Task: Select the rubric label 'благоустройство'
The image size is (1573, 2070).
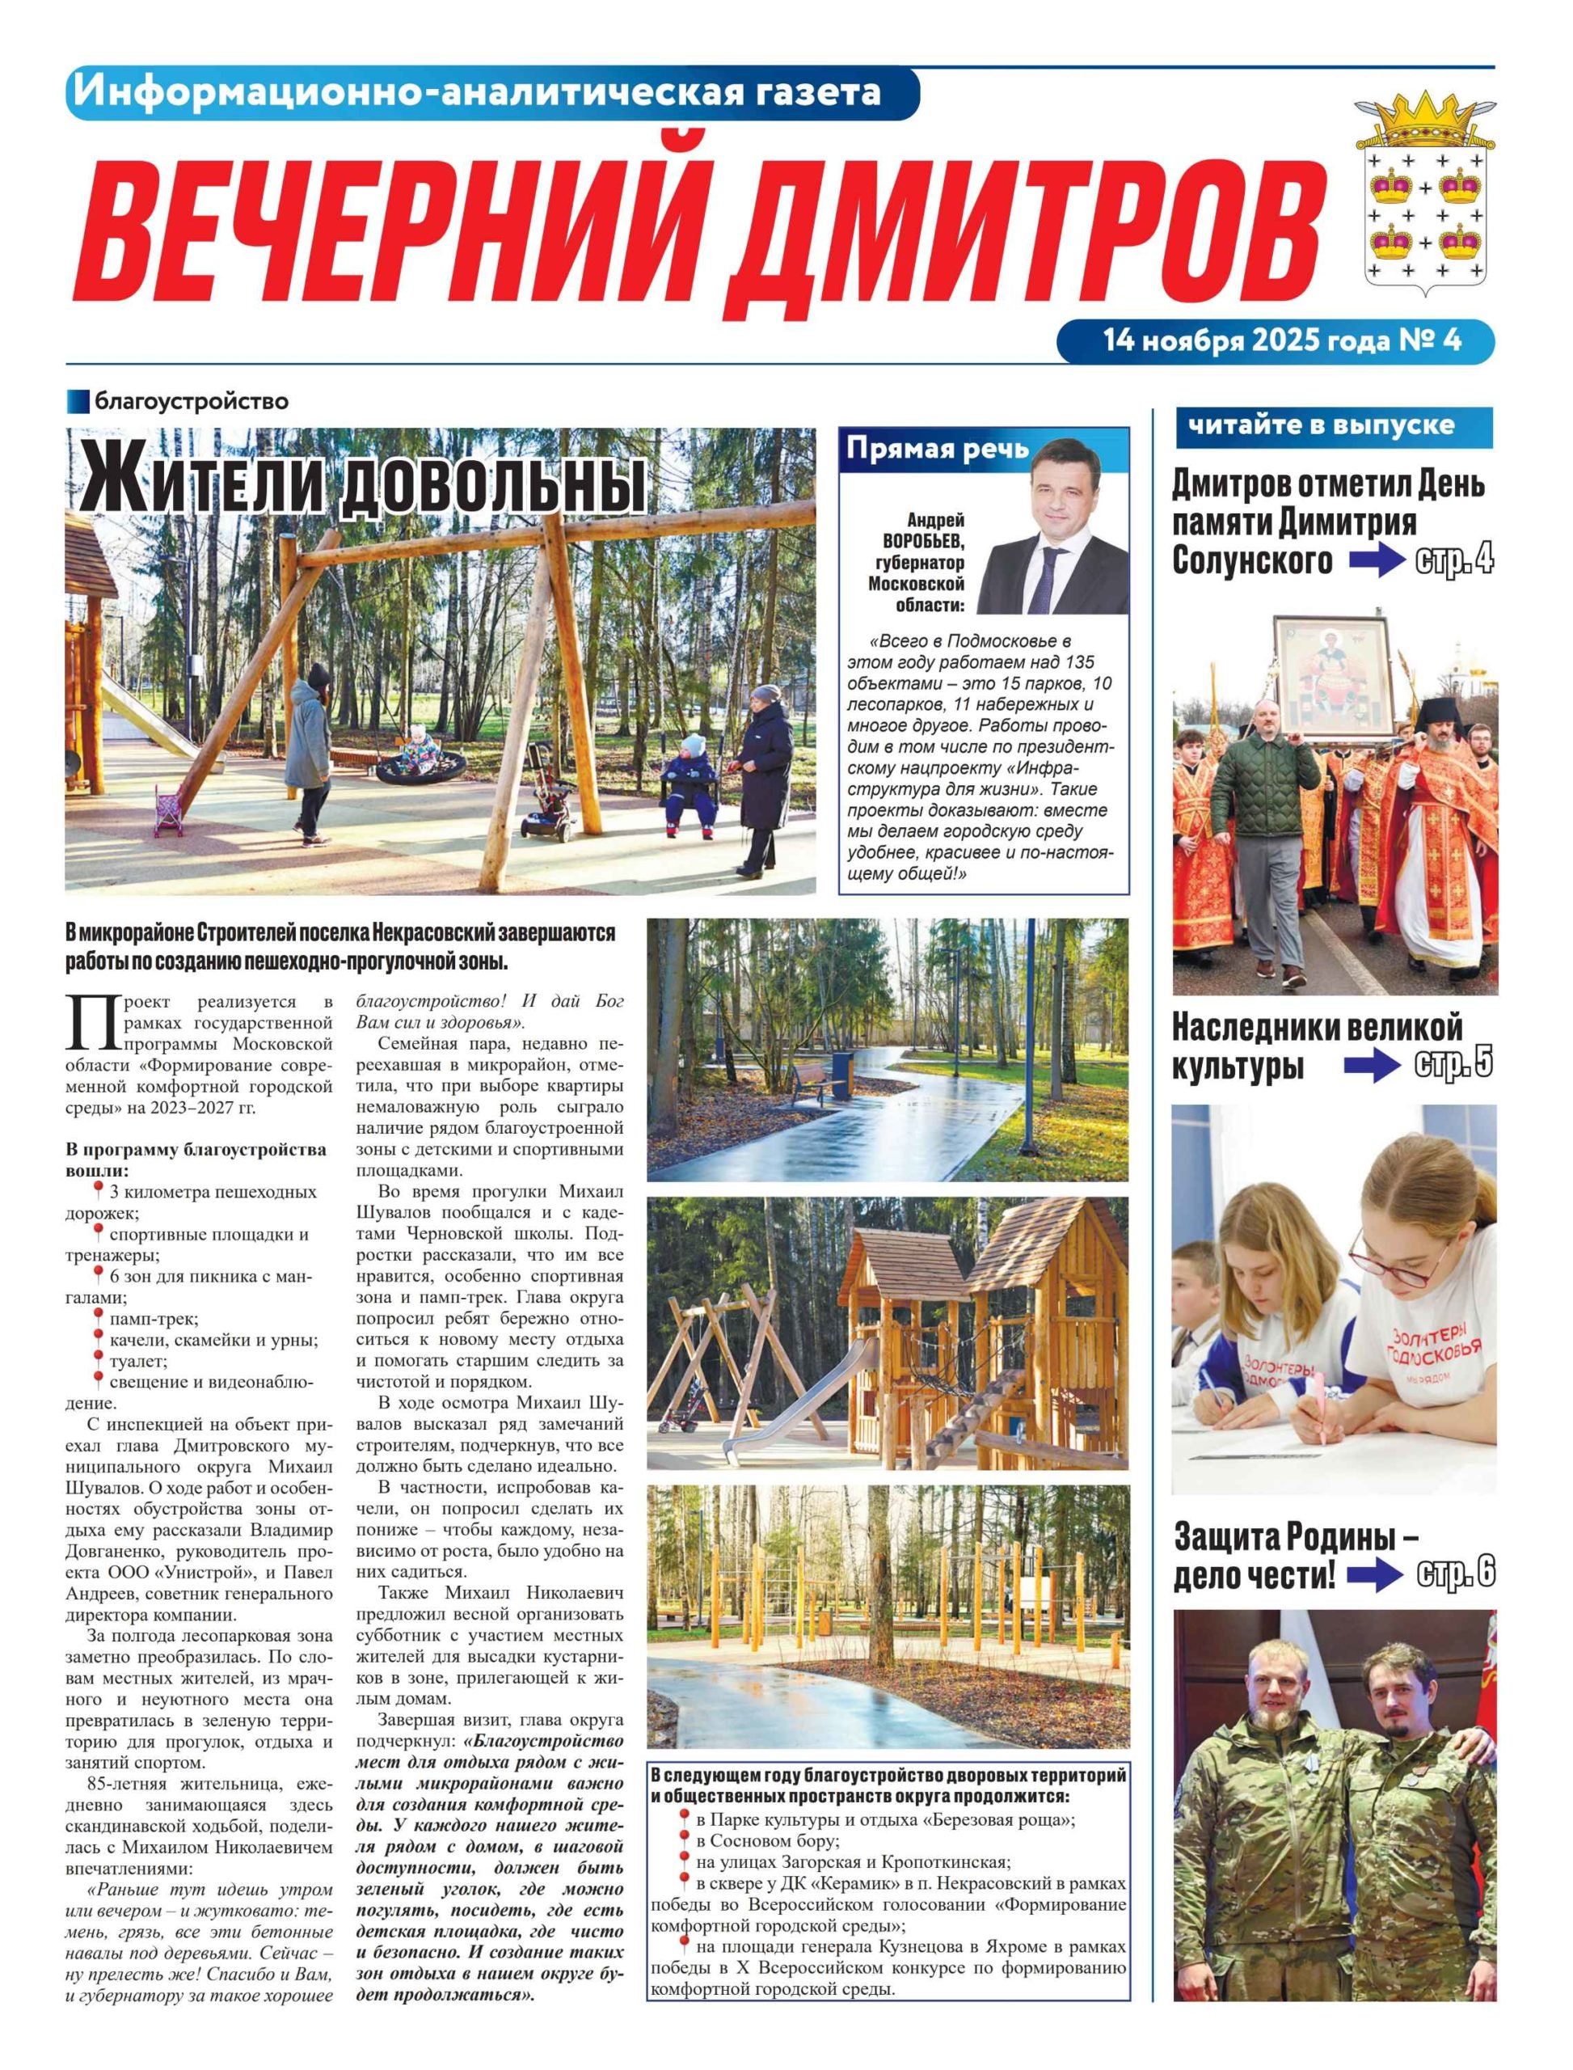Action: [191, 403]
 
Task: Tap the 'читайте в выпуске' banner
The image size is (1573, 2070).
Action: [1321, 426]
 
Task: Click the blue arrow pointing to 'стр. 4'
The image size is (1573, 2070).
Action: [1377, 561]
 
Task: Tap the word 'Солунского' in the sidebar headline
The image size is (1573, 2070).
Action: [1252, 561]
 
